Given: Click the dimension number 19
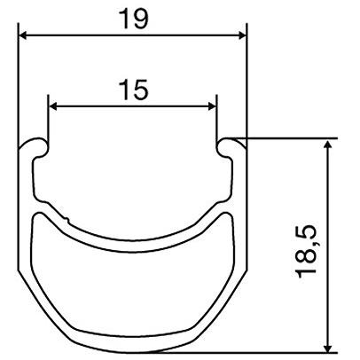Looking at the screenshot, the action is coord(135,19).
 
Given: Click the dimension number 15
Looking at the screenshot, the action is coord(134,90).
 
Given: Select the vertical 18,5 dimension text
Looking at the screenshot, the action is coord(306,251).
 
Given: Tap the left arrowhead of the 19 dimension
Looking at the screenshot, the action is coord(23,35).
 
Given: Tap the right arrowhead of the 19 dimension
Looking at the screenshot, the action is coord(242,35).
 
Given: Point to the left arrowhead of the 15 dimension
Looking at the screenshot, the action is coord(52,106).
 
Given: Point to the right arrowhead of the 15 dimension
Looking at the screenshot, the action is coord(213,106).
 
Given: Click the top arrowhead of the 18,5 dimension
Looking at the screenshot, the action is coord(327,145).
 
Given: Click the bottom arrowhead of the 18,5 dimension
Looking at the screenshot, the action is coord(327,347).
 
